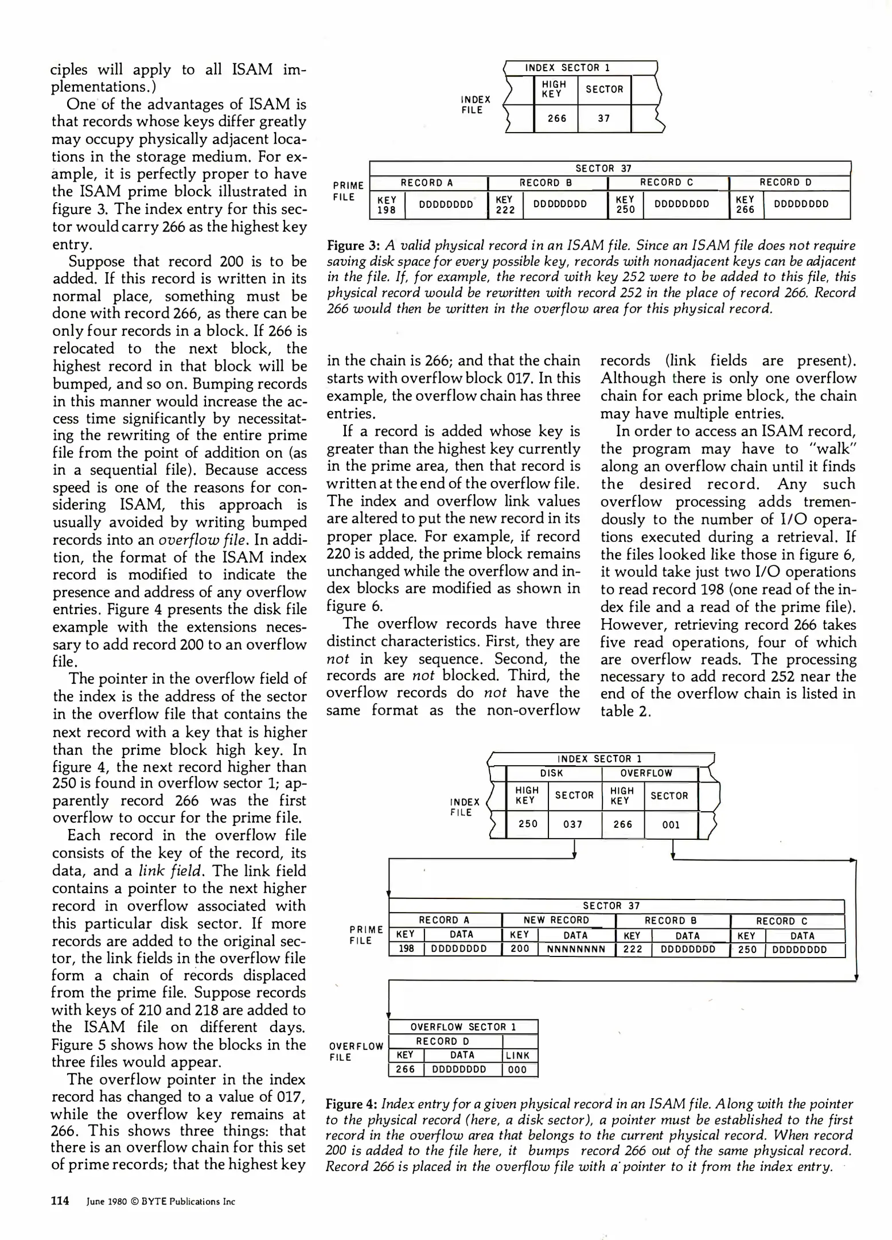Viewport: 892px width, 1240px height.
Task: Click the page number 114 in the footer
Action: tap(60, 1201)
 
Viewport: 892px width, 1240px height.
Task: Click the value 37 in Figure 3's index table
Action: tap(603, 118)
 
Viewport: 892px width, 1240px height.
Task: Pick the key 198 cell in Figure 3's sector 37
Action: tap(387, 205)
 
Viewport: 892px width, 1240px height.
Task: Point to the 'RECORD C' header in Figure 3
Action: tap(667, 183)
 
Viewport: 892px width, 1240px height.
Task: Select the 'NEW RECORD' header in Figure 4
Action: tap(556, 920)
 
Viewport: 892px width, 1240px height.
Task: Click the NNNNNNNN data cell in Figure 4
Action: tap(576, 950)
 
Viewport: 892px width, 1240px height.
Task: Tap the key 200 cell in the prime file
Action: tap(520, 950)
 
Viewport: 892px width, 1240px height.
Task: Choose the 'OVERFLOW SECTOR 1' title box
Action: tap(463, 1026)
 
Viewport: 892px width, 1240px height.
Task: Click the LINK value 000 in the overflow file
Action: tap(517, 1069)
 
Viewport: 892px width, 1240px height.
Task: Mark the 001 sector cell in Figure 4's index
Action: tap(671, 824)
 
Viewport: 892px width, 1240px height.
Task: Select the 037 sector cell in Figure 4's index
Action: tap(572, 824)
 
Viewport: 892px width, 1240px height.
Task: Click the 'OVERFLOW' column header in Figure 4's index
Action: tap(646, 773)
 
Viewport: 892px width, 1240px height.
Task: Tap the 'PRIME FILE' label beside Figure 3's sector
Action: tap(348, 192)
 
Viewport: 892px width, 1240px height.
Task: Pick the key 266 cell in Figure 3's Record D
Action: tap(745, 205)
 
